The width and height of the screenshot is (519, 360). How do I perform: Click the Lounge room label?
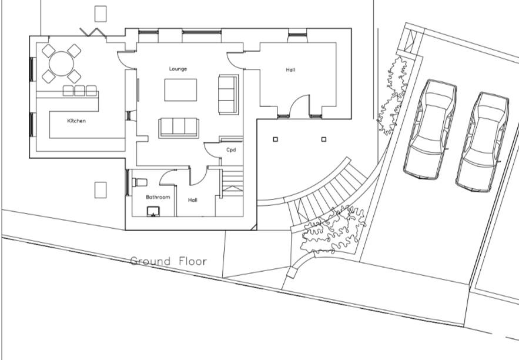178,69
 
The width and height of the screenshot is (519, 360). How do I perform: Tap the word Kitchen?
76,121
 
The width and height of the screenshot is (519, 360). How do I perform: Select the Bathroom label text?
158,197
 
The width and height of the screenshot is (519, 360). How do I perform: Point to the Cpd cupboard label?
231,149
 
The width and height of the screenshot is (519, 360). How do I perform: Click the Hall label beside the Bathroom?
193,200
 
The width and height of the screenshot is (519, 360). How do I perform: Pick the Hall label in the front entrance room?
290,70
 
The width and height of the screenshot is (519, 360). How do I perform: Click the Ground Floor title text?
169,261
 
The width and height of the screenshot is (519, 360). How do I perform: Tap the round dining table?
61,64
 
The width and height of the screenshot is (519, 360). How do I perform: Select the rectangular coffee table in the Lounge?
180,90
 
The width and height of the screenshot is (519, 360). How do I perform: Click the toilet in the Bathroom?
140,182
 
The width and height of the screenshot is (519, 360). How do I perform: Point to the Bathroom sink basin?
153,212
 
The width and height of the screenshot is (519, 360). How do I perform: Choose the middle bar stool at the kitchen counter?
79,91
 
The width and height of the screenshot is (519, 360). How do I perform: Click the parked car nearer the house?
430,129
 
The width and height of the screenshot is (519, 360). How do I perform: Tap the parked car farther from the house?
483,142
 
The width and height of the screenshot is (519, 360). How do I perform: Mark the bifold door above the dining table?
93,32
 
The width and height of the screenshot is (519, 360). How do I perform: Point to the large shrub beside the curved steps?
333,229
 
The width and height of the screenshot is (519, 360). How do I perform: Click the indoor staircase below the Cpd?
232,183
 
